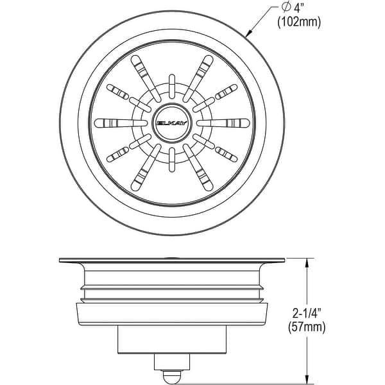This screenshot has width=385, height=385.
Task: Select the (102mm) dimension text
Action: click(299, 23)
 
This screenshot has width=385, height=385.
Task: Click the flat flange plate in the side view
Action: click(172, 261)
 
